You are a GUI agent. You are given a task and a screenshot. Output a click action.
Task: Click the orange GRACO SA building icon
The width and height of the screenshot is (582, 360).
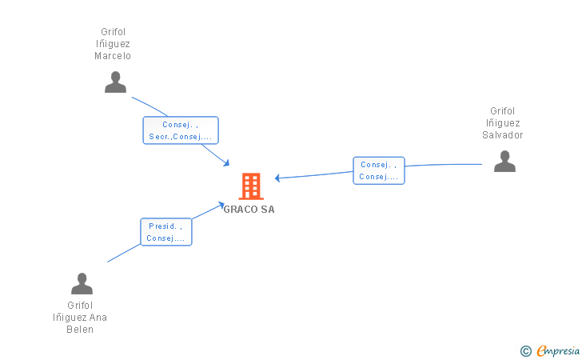(x=250, y=186)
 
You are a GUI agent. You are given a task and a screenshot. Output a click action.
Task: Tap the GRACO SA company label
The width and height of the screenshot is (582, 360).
(x=249, y=210)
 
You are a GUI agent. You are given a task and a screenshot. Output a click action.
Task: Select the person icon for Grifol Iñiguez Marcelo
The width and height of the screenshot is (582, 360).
(x=116, y=82)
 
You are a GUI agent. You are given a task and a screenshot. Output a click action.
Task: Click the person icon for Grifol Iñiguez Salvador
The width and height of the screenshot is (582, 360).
(x=504, y=162)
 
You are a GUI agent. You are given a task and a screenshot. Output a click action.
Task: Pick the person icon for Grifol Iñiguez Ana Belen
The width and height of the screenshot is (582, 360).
(x=82, y=284)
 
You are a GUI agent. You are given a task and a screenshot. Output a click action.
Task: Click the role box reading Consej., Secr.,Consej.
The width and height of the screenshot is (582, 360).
(x=181, y=130)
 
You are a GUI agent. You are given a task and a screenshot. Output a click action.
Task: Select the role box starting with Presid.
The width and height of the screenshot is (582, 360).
(x=166, y=232)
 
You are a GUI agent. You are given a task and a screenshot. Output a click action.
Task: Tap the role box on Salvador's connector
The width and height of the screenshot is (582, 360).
(x=379, y=170)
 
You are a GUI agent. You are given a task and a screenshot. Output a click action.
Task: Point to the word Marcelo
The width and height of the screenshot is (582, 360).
(x=113, y=56)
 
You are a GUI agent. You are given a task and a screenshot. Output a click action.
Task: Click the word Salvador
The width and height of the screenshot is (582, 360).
(x=503, y=135)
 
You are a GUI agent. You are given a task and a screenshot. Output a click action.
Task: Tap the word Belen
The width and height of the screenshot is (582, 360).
(x=80, y=330)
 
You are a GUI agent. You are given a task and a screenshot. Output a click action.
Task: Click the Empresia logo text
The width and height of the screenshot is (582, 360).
(x=558, y=350)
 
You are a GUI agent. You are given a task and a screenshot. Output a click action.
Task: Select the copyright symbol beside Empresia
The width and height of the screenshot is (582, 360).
(x=525, y=350)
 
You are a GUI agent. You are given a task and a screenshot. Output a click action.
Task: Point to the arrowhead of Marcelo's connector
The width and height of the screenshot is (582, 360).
(x=227, y=163)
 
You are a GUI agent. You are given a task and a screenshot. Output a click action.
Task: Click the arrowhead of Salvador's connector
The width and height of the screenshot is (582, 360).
(x=277, y=178)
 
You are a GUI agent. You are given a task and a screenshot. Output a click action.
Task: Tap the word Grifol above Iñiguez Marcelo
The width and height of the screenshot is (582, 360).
(x=113, y=32)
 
